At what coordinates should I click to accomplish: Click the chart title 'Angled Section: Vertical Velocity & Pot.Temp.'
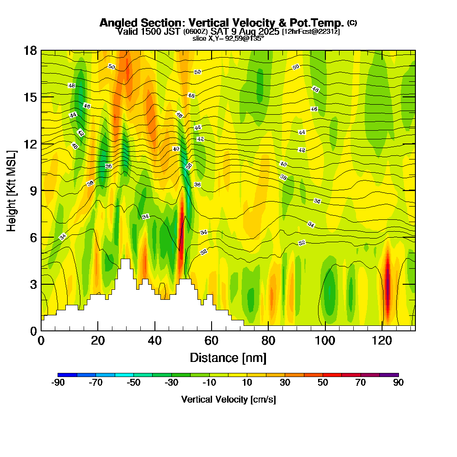(x=222, y=23)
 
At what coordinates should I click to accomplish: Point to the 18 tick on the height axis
(x=30, y=50)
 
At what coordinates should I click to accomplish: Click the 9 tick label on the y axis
(x=33, y=191)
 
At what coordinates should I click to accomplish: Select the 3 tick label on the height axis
(x=33, y=284)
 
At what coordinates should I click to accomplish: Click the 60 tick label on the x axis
(x=212, y=340)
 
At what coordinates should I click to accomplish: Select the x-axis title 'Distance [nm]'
(x=228, y=357)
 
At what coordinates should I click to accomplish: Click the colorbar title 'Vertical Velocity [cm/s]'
(x=228, y=399)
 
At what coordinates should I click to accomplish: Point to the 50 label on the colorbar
(x=323, y=383)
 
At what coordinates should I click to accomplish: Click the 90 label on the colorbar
(x=399, y=383)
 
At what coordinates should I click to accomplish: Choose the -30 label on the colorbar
(x=171, y=383)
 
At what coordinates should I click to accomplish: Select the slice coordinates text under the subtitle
(x=228, y=39)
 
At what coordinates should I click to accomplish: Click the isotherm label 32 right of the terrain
(x=204, y=252)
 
